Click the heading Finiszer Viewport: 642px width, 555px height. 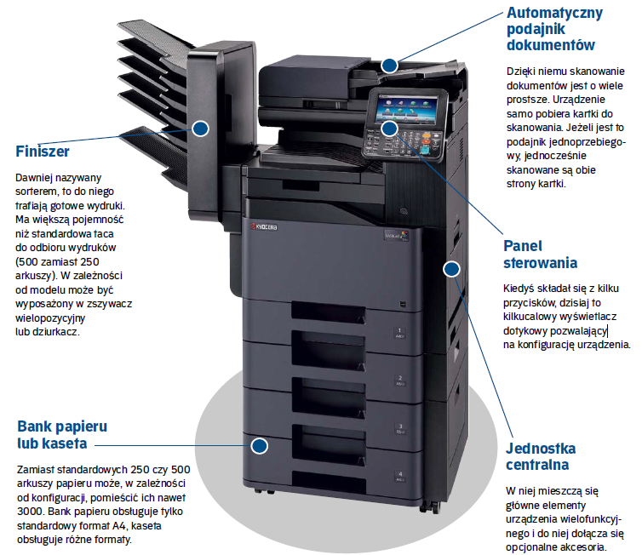pos(42,152)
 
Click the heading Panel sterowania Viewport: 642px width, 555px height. pos(540,254)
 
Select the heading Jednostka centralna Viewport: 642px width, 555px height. pos(540,456)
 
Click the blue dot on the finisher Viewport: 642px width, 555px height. pos(200,129)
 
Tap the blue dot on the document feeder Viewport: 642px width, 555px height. pos(390,64)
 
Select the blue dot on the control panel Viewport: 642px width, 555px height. pos(388,128)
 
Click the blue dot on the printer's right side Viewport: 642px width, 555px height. pos(451,269)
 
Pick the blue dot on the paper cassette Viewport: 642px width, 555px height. pos(260,444)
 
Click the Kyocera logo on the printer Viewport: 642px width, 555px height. pos(267,229)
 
